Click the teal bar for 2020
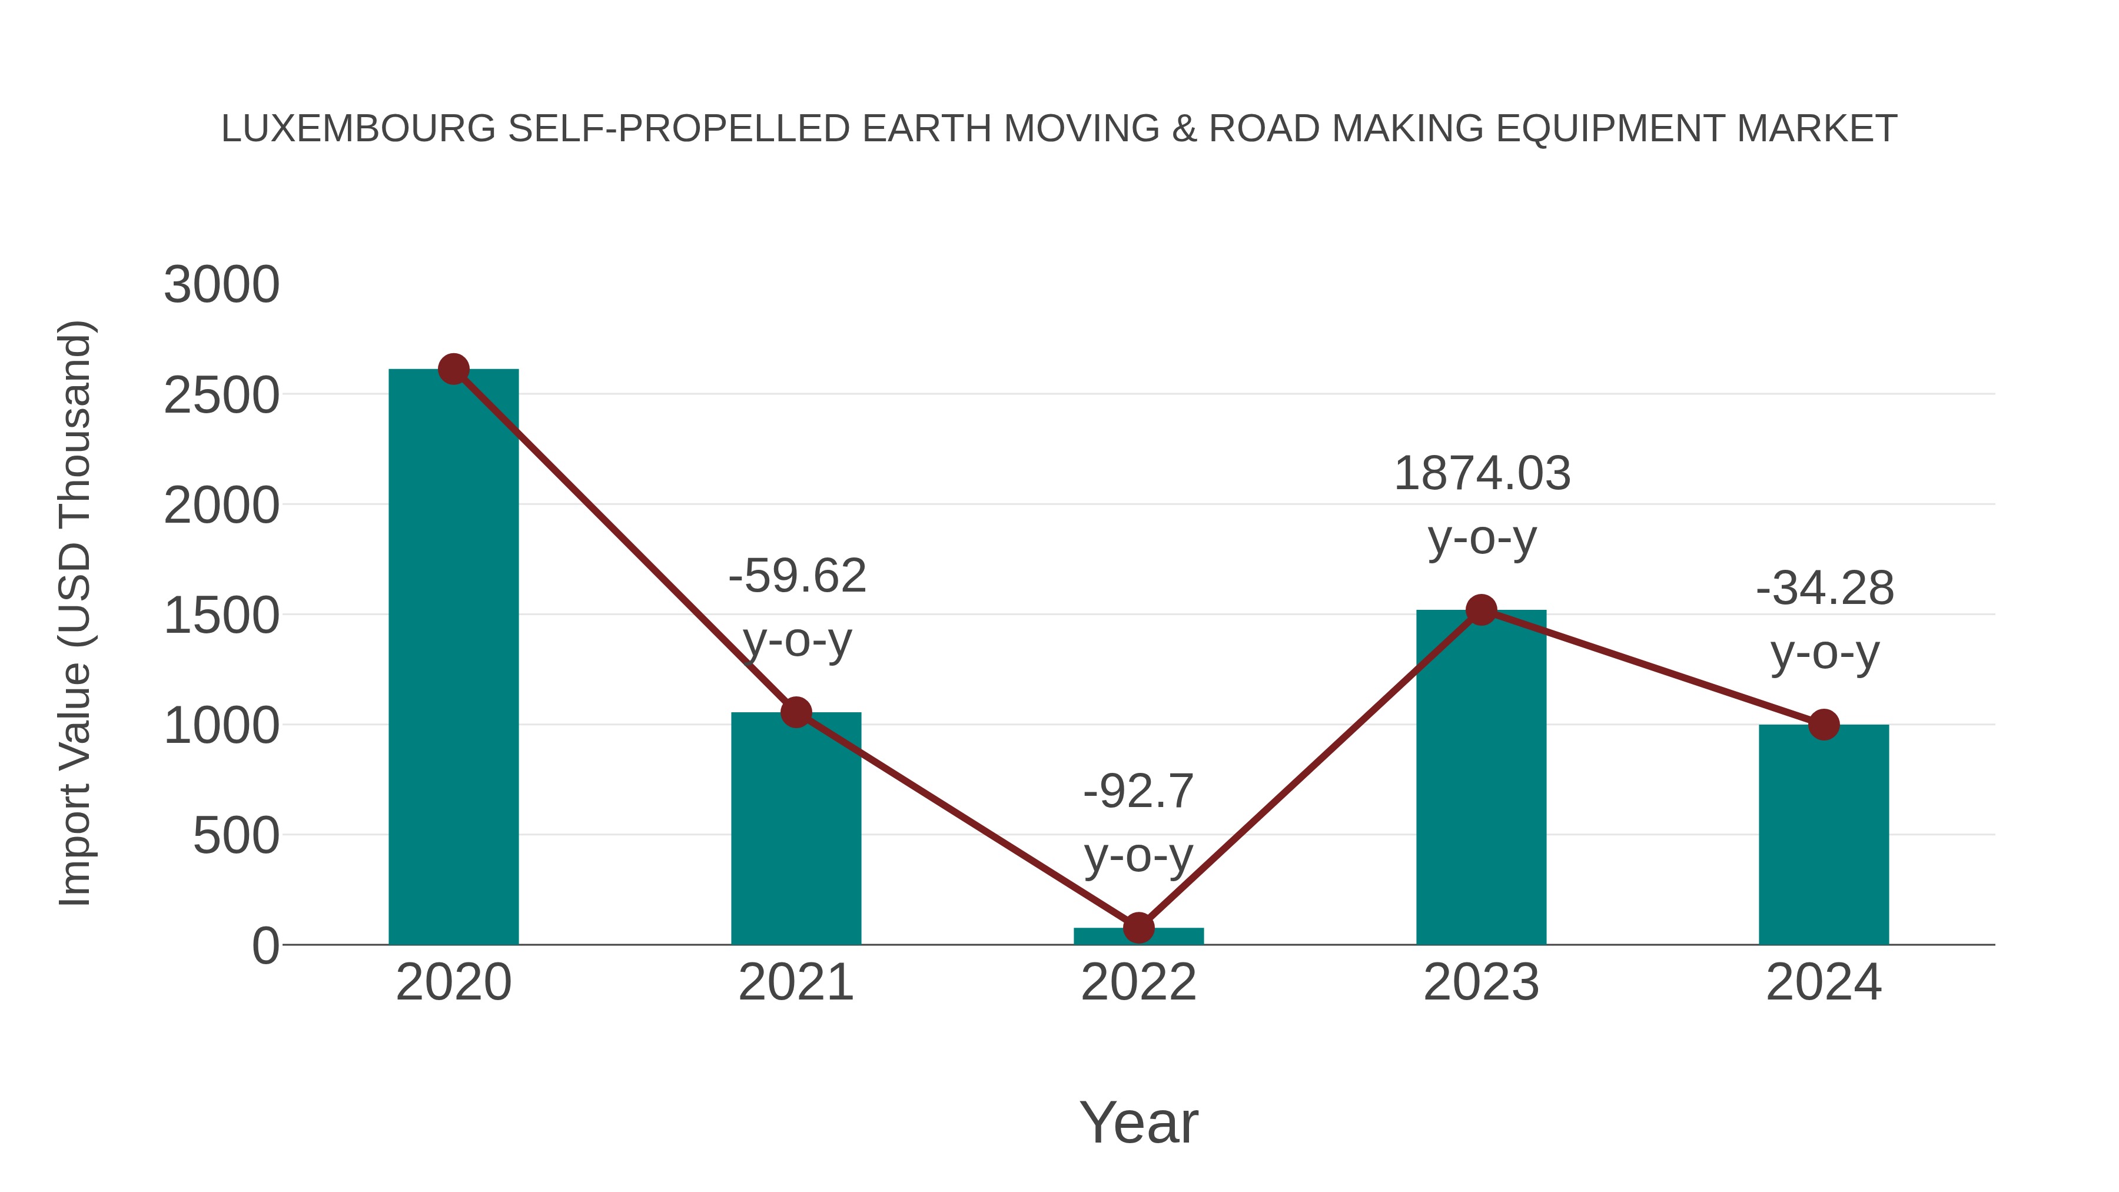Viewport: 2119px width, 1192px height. coord(453,658)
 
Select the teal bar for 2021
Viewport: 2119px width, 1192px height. coord(795,831)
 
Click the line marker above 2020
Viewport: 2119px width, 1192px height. coord(453,369)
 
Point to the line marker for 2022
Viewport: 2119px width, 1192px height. coord(1138,928)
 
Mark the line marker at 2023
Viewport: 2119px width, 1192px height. coord(1481,610)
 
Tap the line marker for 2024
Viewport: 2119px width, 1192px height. coord(1824,725)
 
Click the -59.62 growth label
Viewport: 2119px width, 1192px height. coord(797,575)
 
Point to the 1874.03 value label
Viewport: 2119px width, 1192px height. coord(1482,474)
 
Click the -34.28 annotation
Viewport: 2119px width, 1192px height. coord(1825,589)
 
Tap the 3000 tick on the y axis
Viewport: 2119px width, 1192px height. coord(221,285)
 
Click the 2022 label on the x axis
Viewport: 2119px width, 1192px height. coord(1138,982)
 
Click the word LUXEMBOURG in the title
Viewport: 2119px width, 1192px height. coord(358,129)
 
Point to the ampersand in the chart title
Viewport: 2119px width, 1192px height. coord(1184,129)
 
